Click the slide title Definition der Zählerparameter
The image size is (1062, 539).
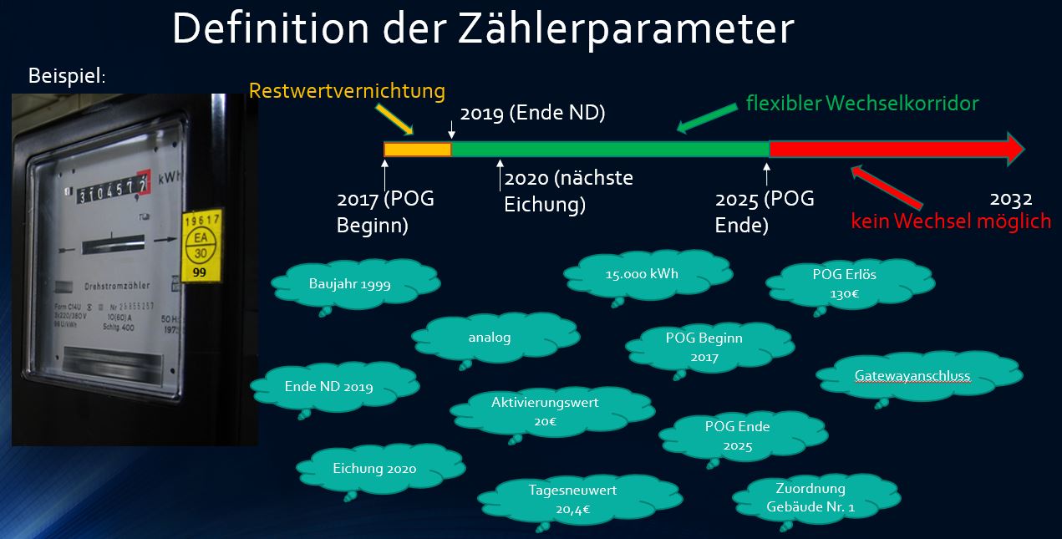click(482, 29)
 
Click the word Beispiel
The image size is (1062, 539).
click(67, 75)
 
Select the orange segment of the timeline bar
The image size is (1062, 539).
click(417, 150)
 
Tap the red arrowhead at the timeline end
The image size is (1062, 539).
click(1013, 149)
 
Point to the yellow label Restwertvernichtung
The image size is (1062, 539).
click(347, 91)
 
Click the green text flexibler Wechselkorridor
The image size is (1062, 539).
click(861, 104)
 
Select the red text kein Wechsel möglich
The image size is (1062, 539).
click(951, 221)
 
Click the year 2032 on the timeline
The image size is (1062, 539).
click(1011, 199)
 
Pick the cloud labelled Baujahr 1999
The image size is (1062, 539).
click(349, 283)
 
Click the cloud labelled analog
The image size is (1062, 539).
click(490, 338)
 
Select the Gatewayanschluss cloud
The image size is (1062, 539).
click(912, 376)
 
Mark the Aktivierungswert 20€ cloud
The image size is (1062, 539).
click(545, 411)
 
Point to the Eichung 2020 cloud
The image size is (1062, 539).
click(374, 469)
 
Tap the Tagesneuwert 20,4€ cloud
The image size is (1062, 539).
click(572, 498)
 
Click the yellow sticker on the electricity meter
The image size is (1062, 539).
click(200, 247)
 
